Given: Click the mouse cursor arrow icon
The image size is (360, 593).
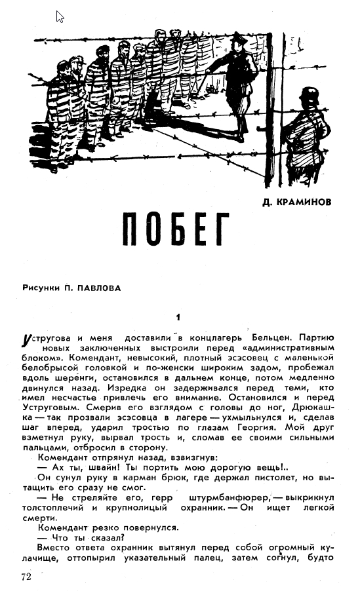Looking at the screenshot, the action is [x=60, y=16].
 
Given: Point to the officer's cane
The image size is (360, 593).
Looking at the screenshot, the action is [x=209, y=83].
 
